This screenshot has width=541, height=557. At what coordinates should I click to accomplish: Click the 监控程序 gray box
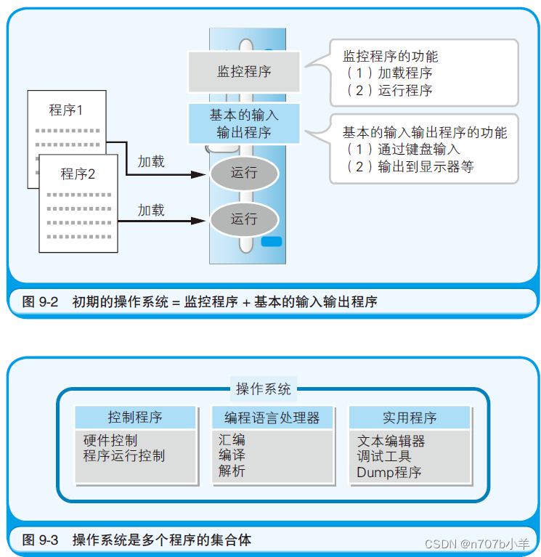pyautogui.click(x=244, y=71)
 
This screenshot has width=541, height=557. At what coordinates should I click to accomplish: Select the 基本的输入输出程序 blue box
pyautogui.click(x=244, y=123)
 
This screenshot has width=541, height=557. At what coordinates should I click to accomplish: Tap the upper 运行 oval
pyautogui.click(x=244, y=173)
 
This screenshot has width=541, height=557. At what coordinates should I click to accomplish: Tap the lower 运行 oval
pyautogui.click(x=244, y=219)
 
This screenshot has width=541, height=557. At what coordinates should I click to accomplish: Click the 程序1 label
pyautogui.click(x=66, y=110)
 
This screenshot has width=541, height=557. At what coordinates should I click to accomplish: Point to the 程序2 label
pyautogui.click(x=78, y=174)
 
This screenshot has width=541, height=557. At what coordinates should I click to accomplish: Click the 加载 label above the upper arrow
pyautogui.click(x=151, y=161)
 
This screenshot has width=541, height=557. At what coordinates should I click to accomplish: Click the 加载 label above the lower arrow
pyautogui.click(x=151, y=210)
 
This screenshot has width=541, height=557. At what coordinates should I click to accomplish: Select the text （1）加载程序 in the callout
pyautogui.click(x=389, y=73)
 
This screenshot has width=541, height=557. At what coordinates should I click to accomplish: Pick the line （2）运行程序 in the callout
pyautogui.click(x=389, y=91)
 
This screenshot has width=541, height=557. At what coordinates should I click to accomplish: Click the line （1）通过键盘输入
pyautogui.click(x=403, y=150)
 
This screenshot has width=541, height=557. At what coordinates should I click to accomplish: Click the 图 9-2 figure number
pyautogui.click(x=40, y=302)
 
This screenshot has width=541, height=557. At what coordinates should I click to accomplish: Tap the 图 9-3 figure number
pyautogui.click(x=40, y=540)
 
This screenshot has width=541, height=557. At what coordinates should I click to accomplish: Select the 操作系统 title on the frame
pyautogui.click(x=263, y=389)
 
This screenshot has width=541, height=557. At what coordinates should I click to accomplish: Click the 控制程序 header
pyautogui.click(x=135, y=418)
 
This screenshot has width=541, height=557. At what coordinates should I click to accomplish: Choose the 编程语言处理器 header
pyautogui.click(x=272, y=418)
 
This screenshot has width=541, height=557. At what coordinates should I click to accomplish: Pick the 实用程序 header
pyautogui.click(x=410, y=418)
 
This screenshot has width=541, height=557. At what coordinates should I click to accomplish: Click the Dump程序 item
pyautogui.click(x=389, y=472)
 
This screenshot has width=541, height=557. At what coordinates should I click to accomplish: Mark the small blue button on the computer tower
pyautogui.click(x=271, y=243)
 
